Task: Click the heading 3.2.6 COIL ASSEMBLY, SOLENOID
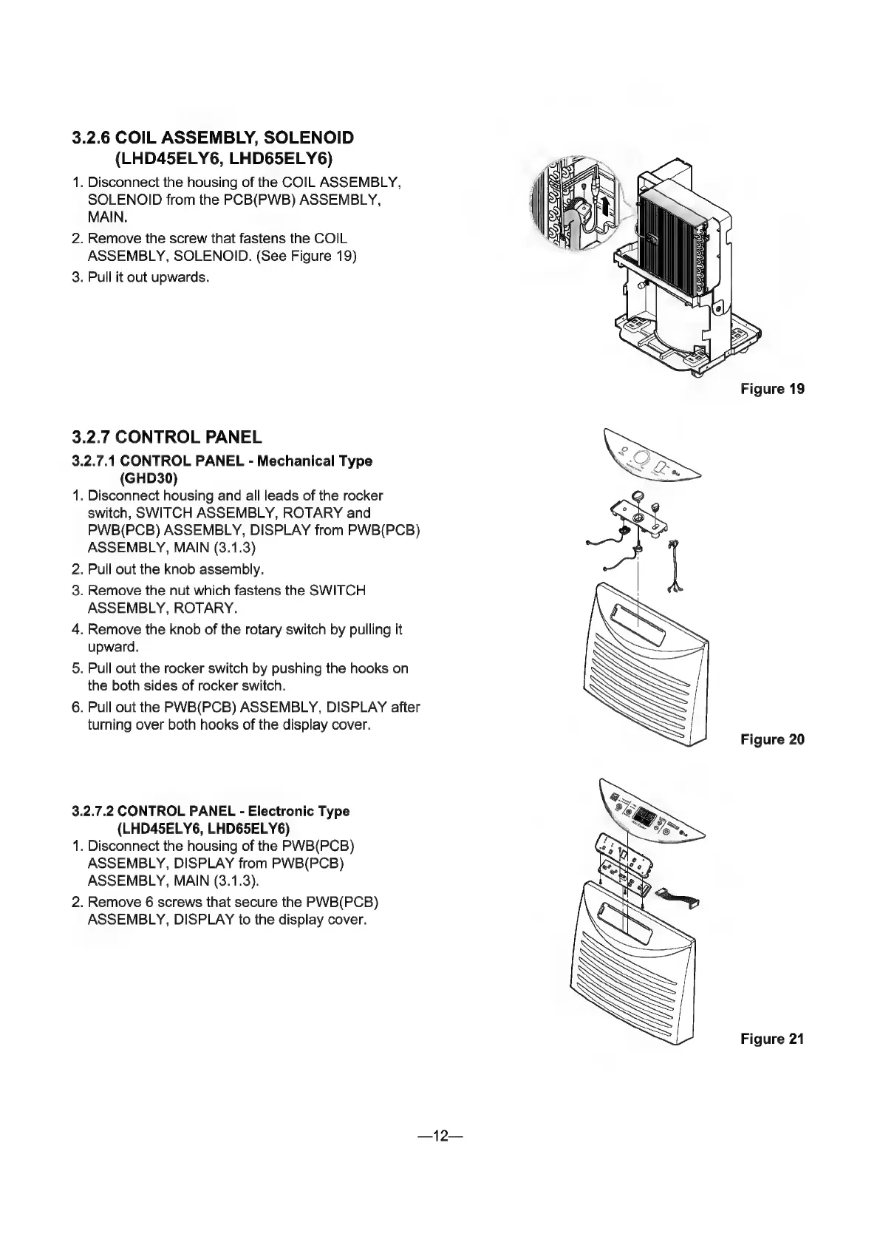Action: [214, 138]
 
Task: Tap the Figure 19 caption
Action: [772, 389]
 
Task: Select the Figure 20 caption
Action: [772, 739]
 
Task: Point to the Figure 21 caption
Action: [772, 1039]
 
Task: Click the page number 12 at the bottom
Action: [440, 1136]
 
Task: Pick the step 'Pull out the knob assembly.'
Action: [175, 569]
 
